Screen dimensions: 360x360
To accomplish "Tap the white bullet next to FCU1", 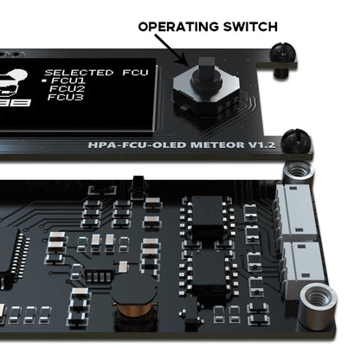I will coord(45,80).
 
